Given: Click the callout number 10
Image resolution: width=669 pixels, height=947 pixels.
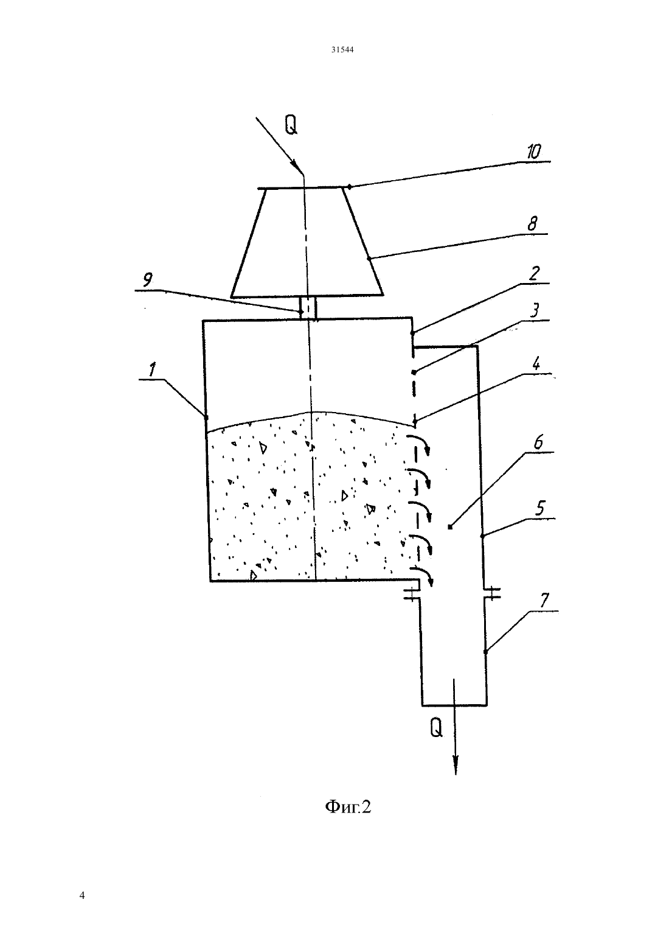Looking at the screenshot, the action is click(533, 152).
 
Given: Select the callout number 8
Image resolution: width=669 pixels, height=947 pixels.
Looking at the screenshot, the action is click(532, 223).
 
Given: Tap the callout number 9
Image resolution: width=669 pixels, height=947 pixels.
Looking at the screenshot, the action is click(147, 280).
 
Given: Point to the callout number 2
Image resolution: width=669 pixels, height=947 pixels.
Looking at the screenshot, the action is click(534, 273).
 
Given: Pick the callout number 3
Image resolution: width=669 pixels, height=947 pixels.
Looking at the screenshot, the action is click(534, 311).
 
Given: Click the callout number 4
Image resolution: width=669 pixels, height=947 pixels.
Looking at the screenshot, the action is click(536, 363).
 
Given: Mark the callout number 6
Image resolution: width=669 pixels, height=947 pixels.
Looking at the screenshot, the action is click(538, 442).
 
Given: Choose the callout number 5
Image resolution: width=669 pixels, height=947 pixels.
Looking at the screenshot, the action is click(540, 509).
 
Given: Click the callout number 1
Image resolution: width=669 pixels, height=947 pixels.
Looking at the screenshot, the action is click(153, 370).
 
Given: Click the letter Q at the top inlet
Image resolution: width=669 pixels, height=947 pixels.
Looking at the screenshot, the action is click(291, 124).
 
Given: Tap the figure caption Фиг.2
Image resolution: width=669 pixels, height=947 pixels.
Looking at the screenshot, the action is click(348, 807).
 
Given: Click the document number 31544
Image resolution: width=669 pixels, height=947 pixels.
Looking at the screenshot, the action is click(342, 49).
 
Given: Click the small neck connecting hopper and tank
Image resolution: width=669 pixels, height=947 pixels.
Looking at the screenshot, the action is click(308, 308).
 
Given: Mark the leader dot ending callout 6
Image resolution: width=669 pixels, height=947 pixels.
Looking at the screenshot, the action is click(451, 527).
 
